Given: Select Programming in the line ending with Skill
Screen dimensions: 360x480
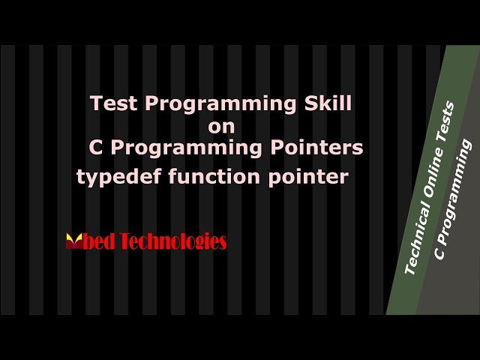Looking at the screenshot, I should pos(221,105).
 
